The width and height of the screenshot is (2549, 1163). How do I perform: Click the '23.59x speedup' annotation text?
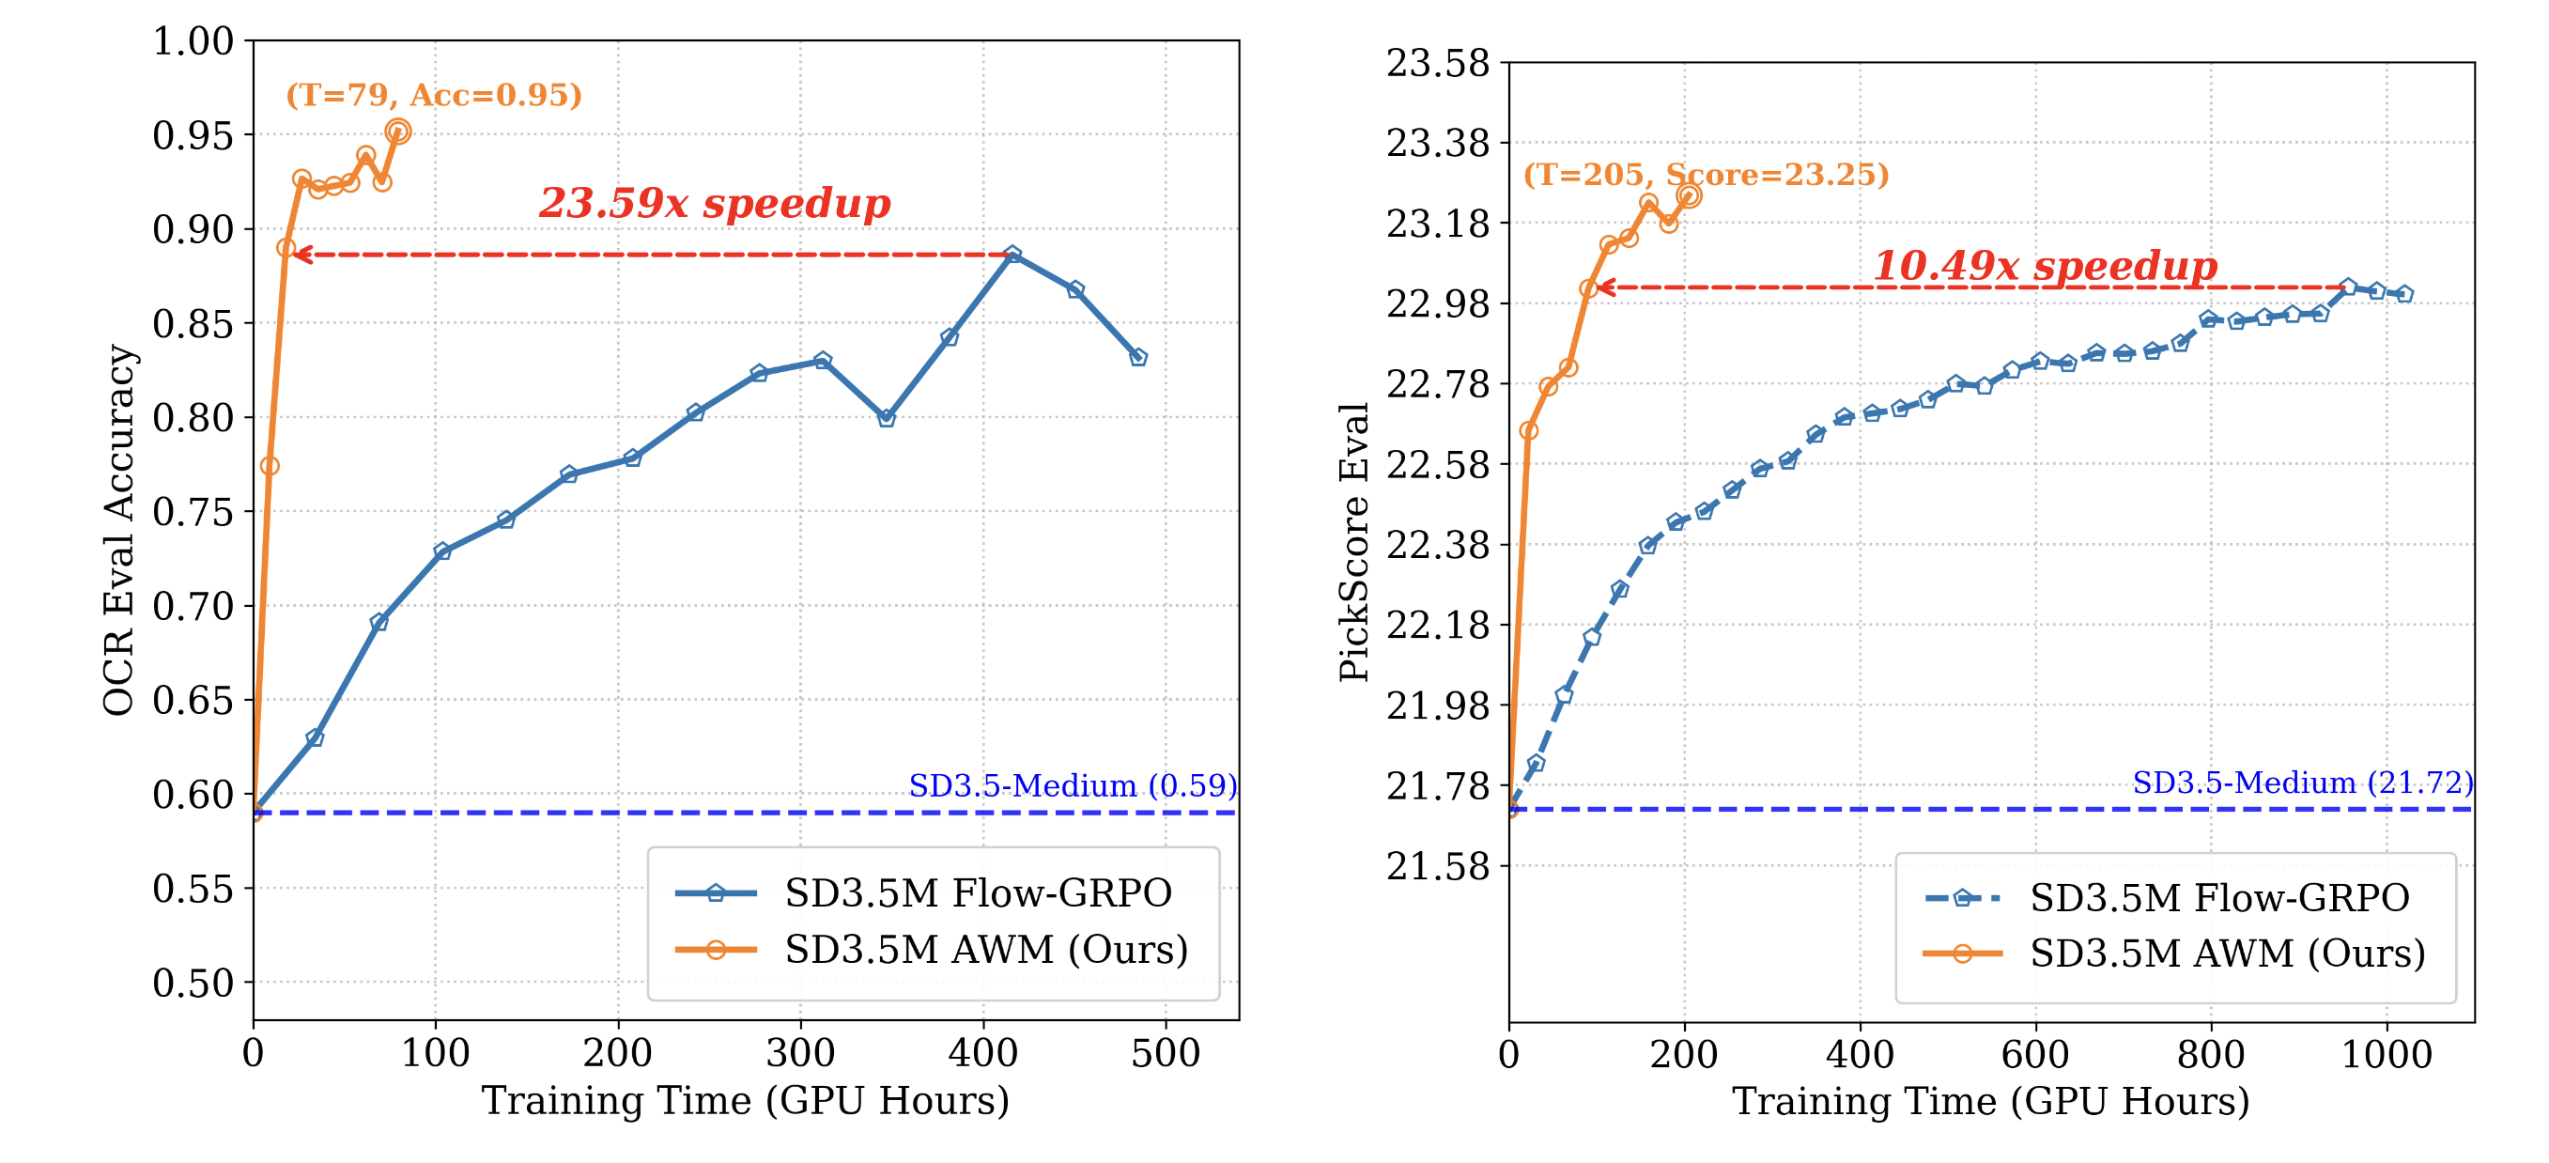pyautogui.click(x=715, y=203)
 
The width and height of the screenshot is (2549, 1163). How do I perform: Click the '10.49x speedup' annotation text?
pyautogui.click(x=2046, y=265)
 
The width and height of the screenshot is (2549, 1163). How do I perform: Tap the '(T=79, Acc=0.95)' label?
pyautogui.click(x=433, y=95)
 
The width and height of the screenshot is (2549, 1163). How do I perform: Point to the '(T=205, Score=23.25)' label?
pyautogui.click(x=1706, y=174)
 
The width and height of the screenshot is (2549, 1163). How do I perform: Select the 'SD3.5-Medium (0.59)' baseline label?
pyautogui.click(x=1073, y=785)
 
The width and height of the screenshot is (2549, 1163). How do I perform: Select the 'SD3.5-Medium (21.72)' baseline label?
pyautogui.click(x=2303, y=782)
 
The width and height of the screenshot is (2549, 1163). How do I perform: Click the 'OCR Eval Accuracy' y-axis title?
pyautogui.click(x=118, y=530)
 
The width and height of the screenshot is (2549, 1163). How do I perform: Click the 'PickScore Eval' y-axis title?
pyautogui.click(x=1353, y=541)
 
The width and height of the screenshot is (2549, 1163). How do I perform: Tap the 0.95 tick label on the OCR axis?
pyautogui.click(x=193, y=135)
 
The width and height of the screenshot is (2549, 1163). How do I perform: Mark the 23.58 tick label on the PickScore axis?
pyautogui.click(x=1437, y=63)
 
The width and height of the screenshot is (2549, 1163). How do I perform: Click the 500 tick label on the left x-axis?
pyautogui.click(x=1165, y=1053)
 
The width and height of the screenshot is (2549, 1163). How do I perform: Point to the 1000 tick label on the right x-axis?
pyautogui.click(x=2386, y=1054)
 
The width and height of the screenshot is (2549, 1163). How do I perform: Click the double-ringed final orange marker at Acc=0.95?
pyautogui.click(x=398, y=132)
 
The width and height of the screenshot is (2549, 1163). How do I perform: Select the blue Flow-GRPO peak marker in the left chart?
pyautogui.click(x=1012, y=256)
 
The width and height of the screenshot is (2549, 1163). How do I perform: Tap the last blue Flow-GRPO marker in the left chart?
pyautogui.click(x=1138, y=357)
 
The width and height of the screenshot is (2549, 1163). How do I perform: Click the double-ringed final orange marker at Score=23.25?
pyautogui.click(x=1689, y=196)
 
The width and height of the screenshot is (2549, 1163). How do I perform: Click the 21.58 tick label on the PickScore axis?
pyautogui.click(x=1437, y=866)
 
